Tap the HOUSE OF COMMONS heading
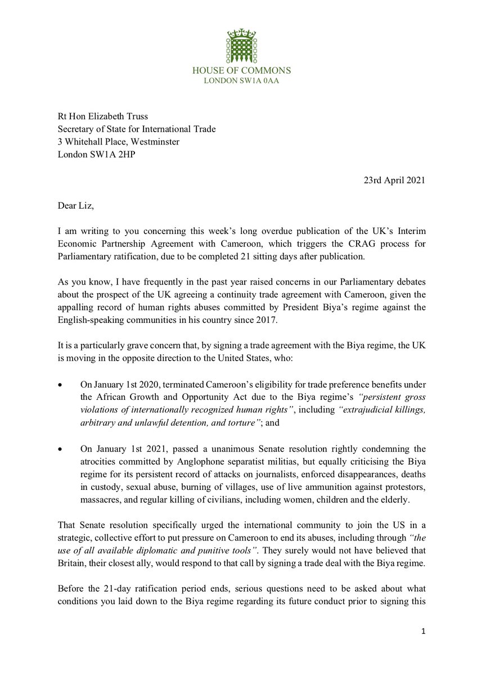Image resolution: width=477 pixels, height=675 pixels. coord(241,71)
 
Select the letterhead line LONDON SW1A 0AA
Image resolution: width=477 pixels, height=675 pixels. coord(241,81)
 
